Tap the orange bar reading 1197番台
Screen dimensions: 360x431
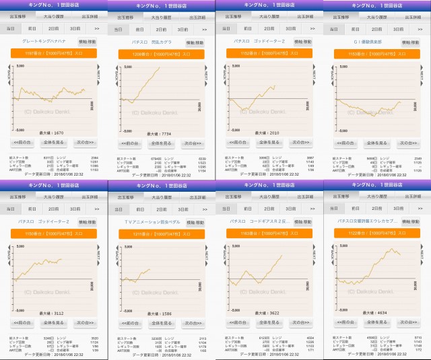[x=53, y=53]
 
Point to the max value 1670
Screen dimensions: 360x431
[x=54, y=133]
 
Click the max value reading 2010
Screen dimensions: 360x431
[x=269, y=133]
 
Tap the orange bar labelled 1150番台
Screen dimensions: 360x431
[x=53, y=233]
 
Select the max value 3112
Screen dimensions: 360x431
[x=54, y=314]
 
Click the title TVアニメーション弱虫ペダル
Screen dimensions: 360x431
[x=149, y=222]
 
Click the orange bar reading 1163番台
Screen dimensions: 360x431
[x=269, y=233]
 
